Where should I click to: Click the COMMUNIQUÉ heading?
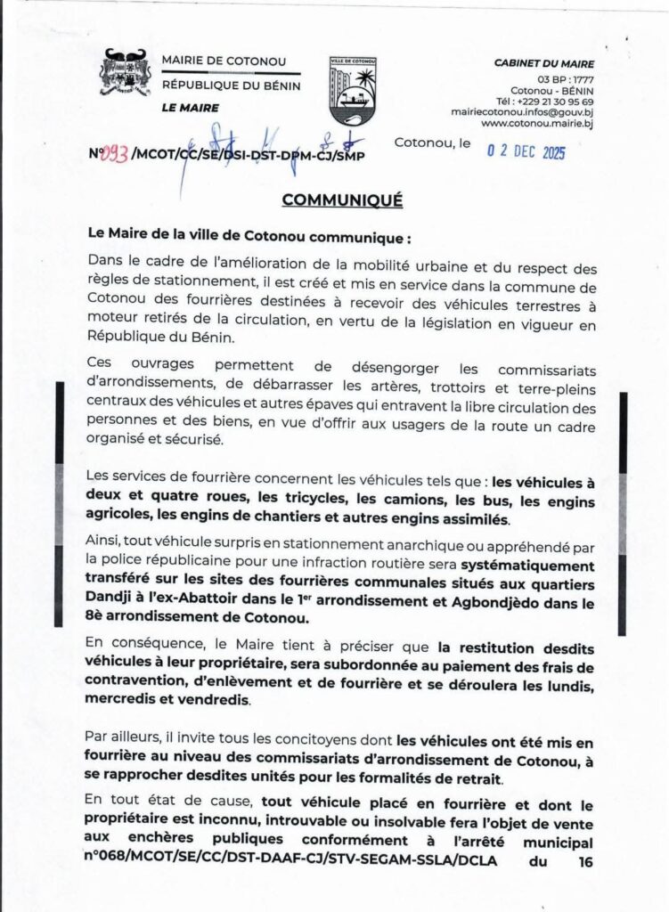click(x=342, y=200)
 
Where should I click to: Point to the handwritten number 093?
click(x=115, y=155)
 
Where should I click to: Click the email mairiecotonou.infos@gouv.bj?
click(x=523, y=113)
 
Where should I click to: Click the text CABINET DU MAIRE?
click(x=544, y=64)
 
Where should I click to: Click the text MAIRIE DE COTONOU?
click(x=224, y=61)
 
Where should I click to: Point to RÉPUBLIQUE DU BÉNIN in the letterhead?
click(x=231, y=85)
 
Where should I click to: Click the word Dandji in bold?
click(x=110, y=602)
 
